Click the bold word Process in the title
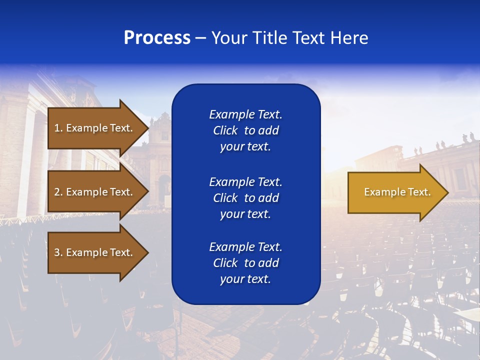tap(157, 37)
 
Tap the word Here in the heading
tap(348, 37)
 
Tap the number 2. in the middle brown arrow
tap(58, 192)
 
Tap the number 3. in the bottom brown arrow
tap(58, 252)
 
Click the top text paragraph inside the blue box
tap(245, 130)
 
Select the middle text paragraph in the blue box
tap(245, 197)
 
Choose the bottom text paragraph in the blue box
tap(245, 263)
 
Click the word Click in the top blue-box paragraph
tap(225, 130)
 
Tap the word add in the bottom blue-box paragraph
tap(269, 263)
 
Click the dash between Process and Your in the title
tap(200, 38)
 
